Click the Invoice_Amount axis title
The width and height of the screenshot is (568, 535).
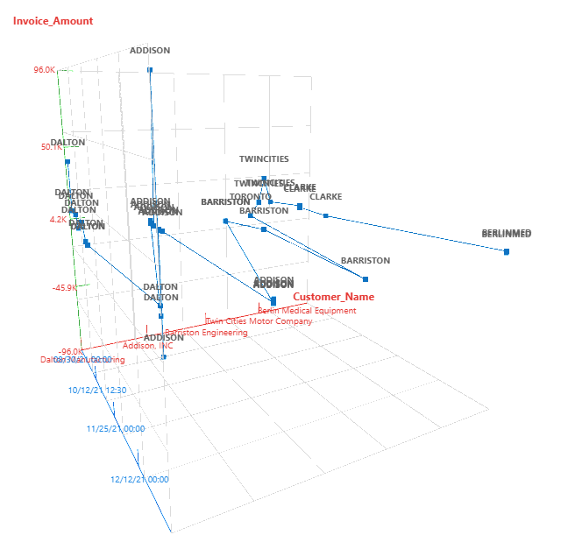(53, 20)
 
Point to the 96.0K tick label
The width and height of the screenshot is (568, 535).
(45, 70)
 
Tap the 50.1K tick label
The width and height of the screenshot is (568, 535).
(50, 147)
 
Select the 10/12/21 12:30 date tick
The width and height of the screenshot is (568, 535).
(97, 390)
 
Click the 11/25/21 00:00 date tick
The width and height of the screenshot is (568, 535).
(115, 428)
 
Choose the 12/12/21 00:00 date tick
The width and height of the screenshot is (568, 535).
(139, 479)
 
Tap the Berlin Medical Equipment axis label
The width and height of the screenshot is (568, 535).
(307, 311)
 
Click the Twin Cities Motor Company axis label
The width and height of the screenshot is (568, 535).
(259, 321)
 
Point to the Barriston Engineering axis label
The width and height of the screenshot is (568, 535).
(206, 333)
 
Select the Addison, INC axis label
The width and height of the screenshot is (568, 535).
(147, 346)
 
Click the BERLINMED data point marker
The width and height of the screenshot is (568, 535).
(507, 251)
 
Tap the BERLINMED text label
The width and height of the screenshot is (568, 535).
(507, 234)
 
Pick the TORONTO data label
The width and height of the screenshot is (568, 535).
(257, 197)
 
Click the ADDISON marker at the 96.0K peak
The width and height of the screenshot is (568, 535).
(150, 70)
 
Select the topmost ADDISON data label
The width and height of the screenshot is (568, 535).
(150, 51)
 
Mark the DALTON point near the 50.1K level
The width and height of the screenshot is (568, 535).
(67, 161)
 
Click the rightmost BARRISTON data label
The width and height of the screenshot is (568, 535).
(366, 261)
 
